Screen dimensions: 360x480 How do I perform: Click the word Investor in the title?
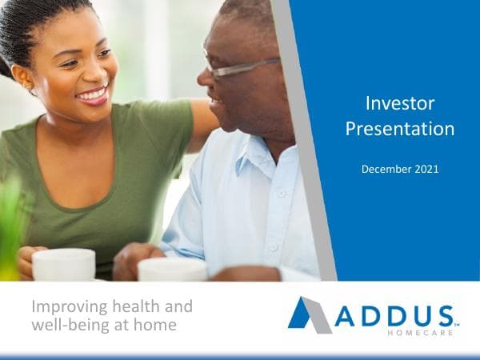coord(399,103)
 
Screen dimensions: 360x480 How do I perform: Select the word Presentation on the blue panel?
coord(399,128)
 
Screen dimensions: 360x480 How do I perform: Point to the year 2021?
coord(426,169)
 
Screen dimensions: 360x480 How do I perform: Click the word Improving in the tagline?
coord(65,308)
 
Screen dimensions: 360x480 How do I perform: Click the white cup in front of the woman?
coord(64,264)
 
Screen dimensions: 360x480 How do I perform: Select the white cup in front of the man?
coord(172,270)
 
